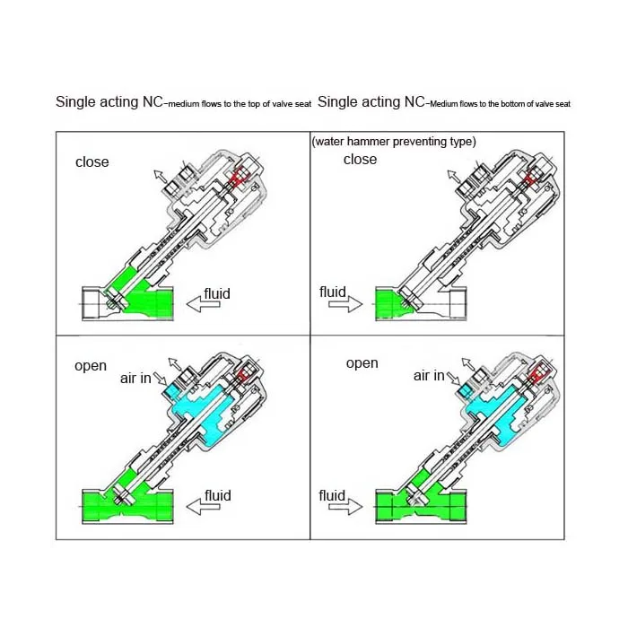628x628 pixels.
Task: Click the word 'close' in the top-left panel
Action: [92, 162]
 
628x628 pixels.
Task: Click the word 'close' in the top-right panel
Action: [360, 159]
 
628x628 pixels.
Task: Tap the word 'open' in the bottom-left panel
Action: [91, 366]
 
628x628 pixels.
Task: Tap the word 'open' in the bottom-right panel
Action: [362, 363]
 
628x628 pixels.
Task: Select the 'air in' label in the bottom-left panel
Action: [135, 379]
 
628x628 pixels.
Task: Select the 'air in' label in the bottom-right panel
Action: [428, 376]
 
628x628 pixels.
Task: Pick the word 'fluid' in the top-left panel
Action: [217, 292]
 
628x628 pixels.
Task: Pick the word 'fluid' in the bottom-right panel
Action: [332, 494]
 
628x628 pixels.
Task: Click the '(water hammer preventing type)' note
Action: [393, 142]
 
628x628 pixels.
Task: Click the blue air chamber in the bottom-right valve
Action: [498, 408]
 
